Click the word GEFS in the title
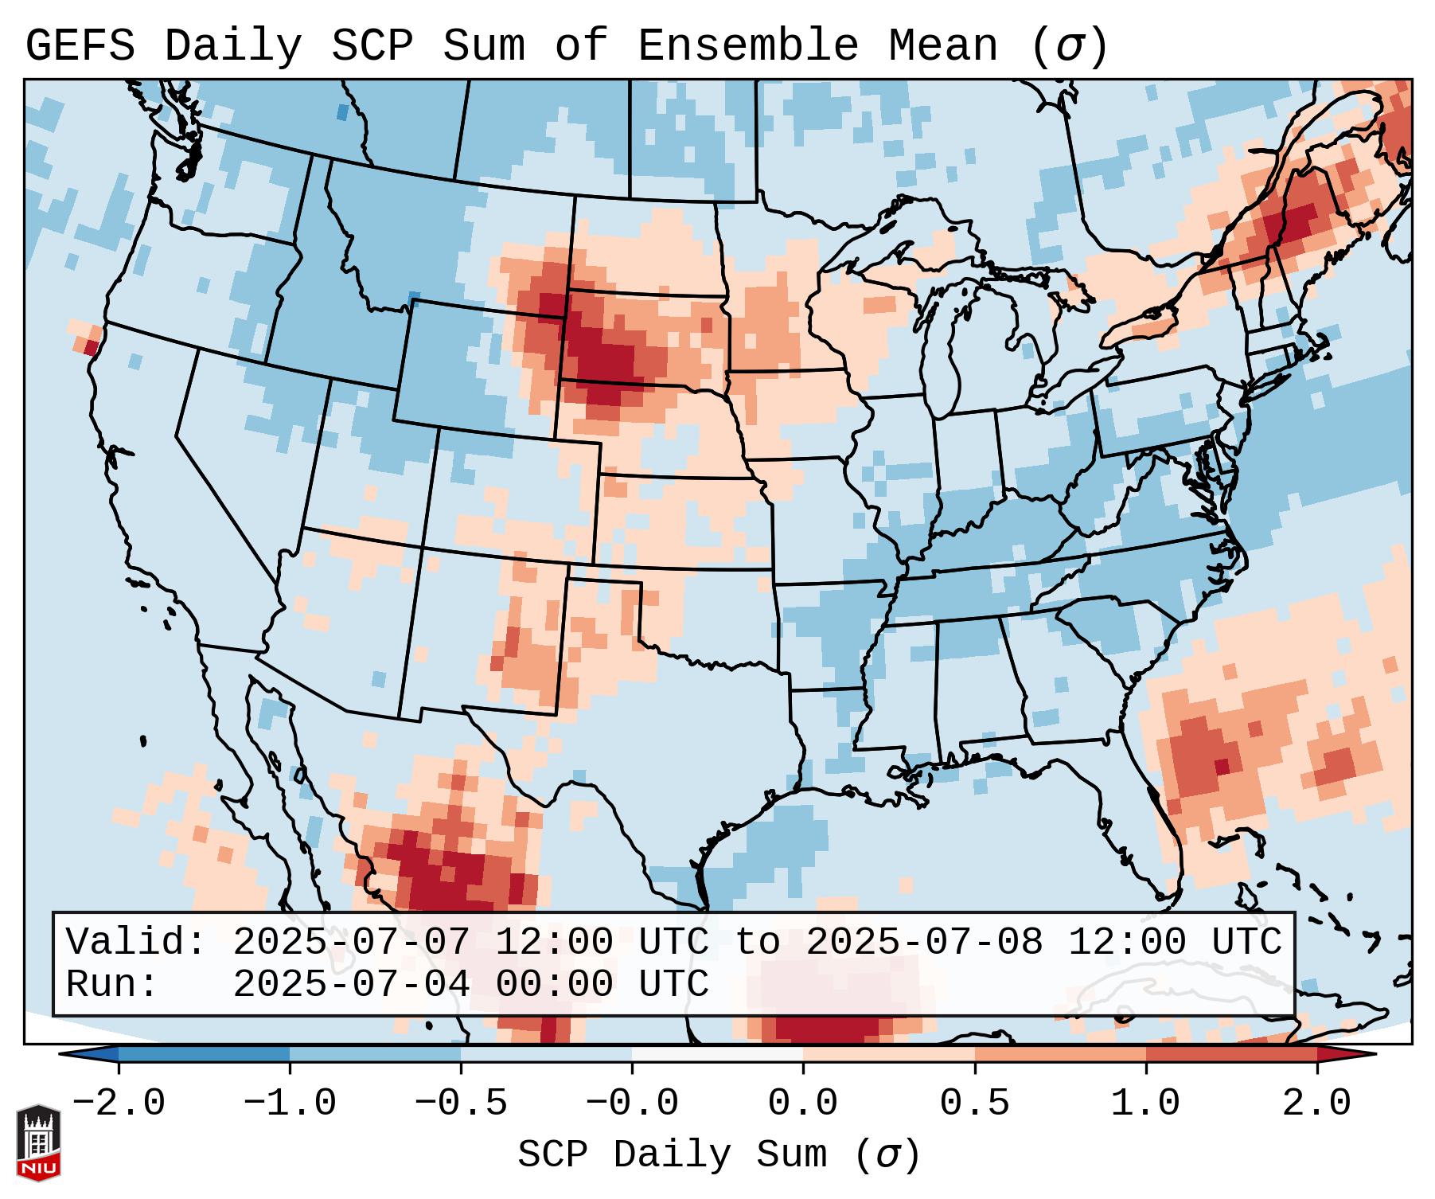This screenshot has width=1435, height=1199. (80, 46)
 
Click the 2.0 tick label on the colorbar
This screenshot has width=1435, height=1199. (1317, 1103)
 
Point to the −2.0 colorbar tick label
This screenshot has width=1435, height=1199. (119, 1103)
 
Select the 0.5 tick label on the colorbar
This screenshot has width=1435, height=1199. (974, 1103)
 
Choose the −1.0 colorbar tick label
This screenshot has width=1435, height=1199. (290, 1103)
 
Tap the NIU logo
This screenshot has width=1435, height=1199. (38, 1142)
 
